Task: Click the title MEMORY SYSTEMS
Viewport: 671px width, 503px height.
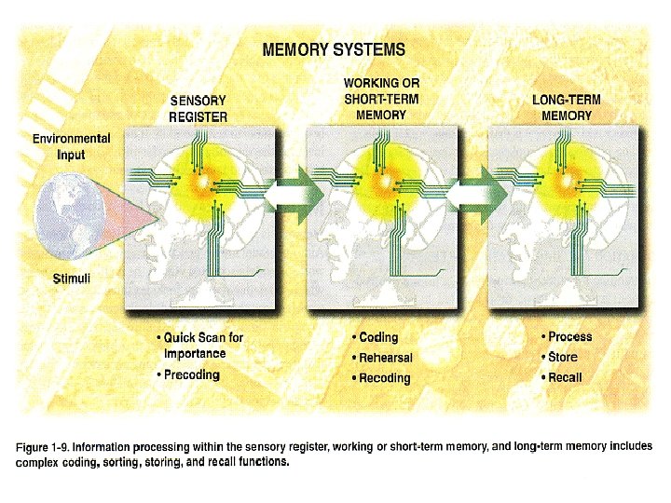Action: [333, 49]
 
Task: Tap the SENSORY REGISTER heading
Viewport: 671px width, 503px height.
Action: [197, 108]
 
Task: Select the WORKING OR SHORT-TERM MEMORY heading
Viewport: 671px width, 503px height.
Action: [381, 99]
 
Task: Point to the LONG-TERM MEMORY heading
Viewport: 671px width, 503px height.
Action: [566, 107]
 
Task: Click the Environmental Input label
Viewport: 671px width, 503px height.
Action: [72, 146]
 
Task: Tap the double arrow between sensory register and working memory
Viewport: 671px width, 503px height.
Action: [293, 196]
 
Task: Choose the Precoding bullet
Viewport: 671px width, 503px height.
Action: [191, 375]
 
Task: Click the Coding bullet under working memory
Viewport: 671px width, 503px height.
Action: [377, 337]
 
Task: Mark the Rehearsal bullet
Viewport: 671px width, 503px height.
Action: [385, 358]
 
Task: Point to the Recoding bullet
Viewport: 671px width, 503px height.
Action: [384, 378]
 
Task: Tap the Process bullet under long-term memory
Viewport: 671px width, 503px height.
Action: [569, 336]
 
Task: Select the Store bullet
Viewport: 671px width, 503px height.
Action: [562, 357]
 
